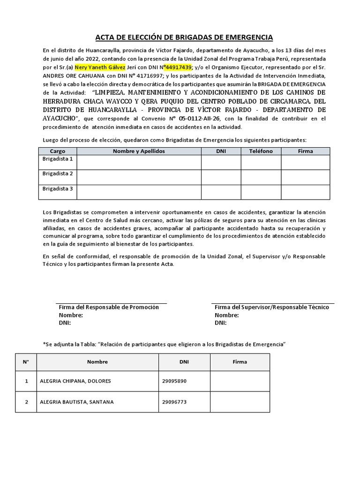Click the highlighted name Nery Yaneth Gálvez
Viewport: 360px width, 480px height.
pyautogui.click(x=100, y=67)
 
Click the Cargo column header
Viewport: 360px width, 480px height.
pyautogui.click(x=58, y=151)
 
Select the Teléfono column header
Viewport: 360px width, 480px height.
pyautogui.click(x=261, y=151)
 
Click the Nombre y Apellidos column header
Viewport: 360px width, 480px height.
pyautogui.click(x=139, y=151)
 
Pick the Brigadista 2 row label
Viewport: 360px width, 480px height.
pyautogui.click(x=58, y=174)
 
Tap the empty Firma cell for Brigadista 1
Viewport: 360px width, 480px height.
pyautogui.click(x=305, y=162)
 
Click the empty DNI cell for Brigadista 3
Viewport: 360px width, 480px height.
pyautogui.click(x=221, y=192)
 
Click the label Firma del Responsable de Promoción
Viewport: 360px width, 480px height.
pyautogui.click(x=109, y=307)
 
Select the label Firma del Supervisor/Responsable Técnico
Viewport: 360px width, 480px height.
pyautogui.click(x=272, y=307)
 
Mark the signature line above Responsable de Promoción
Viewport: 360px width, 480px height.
pyautogui.click(x=112, y=303)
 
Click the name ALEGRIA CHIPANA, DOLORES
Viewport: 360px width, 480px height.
pyautogui.click(x=76, y=381)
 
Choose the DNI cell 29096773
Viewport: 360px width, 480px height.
pyautogui.click(x=174, y=402)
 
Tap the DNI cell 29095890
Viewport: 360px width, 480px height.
pyautogui.click(x=174, y=381)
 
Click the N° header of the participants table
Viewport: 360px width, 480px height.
pyautogui.click(x=26, y=362)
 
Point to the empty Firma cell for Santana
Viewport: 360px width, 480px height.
pyautogui.click(x=240, y=402)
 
